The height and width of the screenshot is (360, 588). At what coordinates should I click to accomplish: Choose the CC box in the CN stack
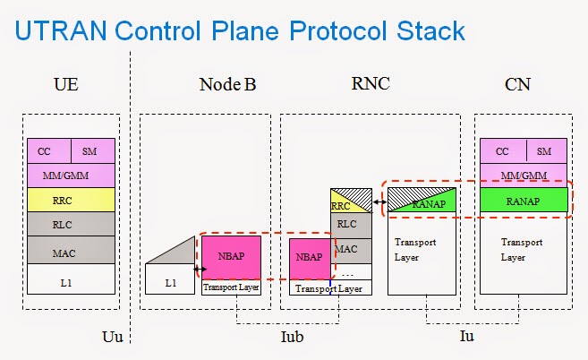(503, 151)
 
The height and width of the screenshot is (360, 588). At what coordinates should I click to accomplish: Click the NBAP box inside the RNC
(309, 258)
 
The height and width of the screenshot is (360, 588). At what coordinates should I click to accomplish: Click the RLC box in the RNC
(346, 225)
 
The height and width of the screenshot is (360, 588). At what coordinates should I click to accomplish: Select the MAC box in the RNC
(346, 248)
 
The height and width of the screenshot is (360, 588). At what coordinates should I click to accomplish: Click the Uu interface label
(112, 337)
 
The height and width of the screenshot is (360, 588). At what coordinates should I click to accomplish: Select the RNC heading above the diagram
(369, 85)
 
